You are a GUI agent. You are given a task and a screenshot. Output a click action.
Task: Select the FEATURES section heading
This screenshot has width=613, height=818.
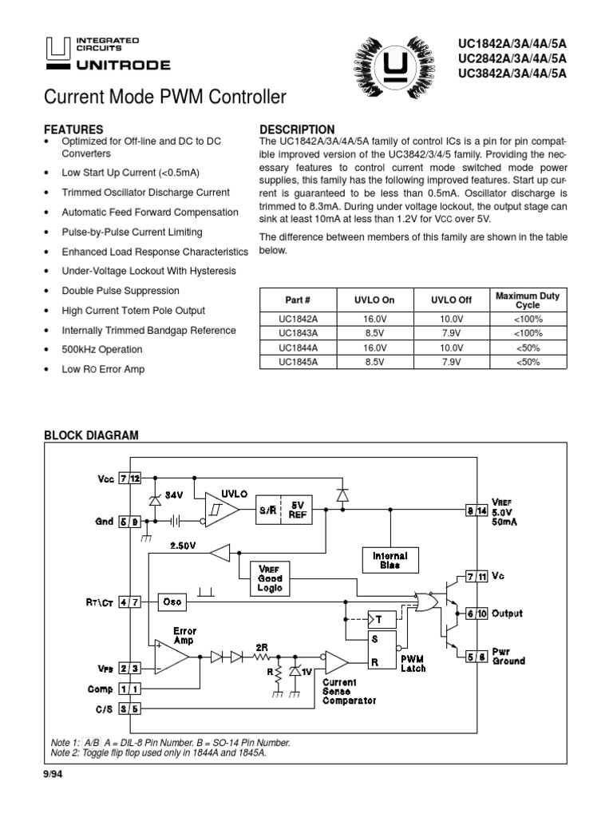click(73, 129)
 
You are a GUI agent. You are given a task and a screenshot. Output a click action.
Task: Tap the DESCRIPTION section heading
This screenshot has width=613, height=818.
click(298, 129)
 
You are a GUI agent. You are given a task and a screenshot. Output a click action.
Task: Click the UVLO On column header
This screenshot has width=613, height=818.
click(374, 300)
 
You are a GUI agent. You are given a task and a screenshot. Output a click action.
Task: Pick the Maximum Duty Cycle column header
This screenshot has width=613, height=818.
click(528, 300)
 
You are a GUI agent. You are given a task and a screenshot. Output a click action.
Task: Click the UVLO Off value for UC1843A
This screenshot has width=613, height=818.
click(451, 333)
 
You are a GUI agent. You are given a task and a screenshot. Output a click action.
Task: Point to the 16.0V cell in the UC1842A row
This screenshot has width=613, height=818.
click(374, 319)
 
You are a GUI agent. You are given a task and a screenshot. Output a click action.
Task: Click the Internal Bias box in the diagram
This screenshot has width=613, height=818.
click(390, 560)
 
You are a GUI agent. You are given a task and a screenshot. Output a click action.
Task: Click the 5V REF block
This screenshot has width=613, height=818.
click(298, 510)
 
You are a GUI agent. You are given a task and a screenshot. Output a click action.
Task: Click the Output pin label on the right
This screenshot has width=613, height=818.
click(507, 613)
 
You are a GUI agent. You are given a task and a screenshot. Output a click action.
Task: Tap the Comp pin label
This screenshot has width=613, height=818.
click(100, 688)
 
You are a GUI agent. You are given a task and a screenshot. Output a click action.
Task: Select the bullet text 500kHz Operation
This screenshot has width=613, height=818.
click(102, 350)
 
